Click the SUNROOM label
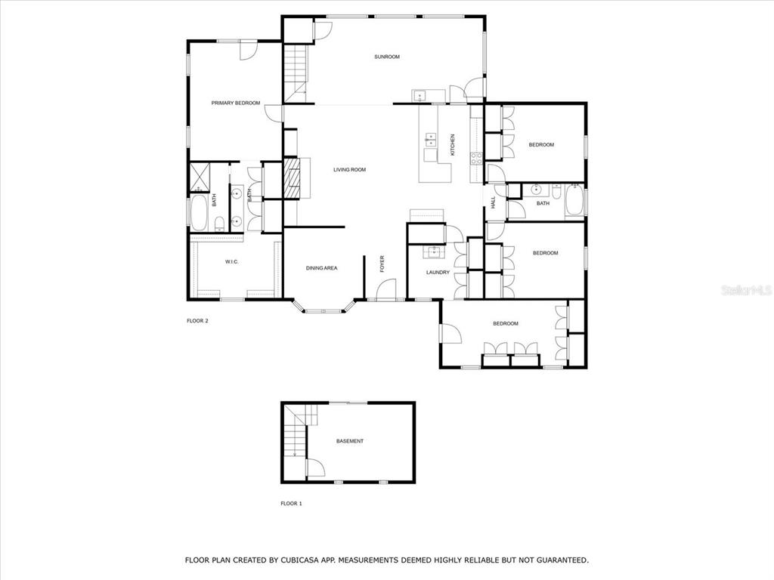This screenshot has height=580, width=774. click(387, 57)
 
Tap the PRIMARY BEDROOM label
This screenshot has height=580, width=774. click(236, 103)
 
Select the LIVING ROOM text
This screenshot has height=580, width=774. click(349, 170)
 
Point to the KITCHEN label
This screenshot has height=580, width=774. click(452, 145)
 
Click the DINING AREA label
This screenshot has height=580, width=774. click(322, 268)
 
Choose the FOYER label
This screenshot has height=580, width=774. click(382, 264)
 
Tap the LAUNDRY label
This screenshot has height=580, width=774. click(438, 272)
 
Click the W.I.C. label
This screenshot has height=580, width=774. click(232, 262)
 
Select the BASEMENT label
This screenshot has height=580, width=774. click(350, 441)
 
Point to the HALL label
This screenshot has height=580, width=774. click(493, 202)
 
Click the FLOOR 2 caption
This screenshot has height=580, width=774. click(197, 321)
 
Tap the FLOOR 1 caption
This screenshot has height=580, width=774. click(291, 504)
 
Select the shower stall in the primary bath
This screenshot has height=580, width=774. click(200, 177)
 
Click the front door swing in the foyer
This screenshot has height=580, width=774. click(386, 289)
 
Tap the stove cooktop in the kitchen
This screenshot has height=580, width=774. click(476, 159)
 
